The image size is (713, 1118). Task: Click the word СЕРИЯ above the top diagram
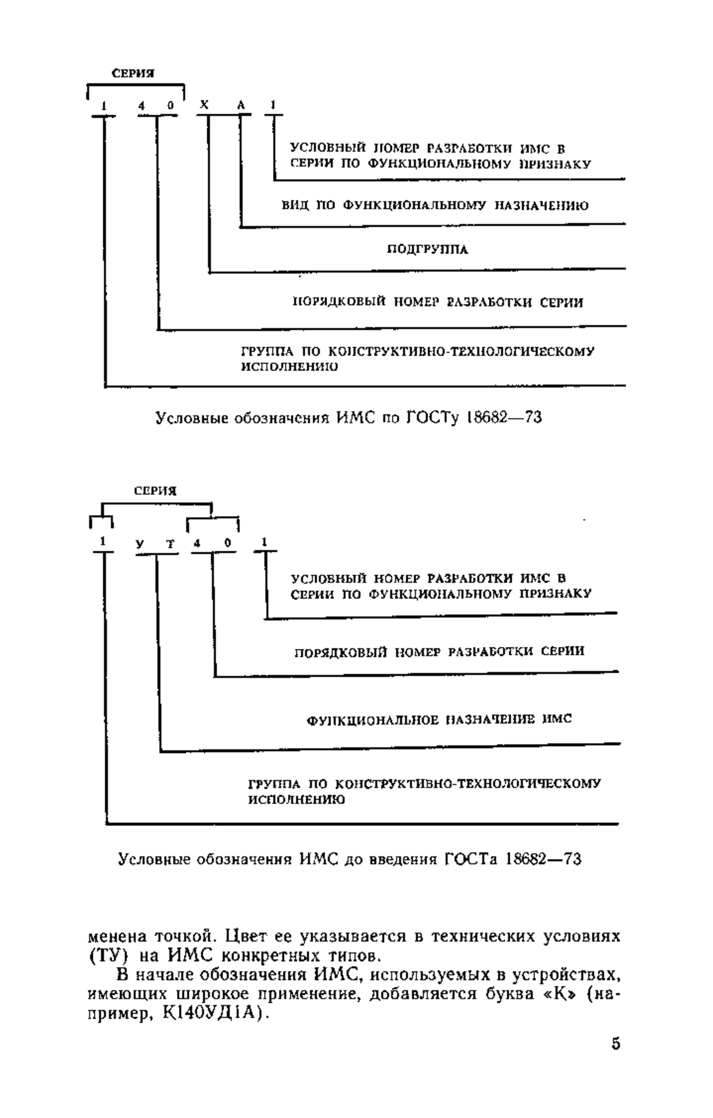point(133,74)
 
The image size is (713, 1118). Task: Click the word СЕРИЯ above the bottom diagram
point(155,491)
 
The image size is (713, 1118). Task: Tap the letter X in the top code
point(204,105)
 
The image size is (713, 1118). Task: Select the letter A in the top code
point(241,105)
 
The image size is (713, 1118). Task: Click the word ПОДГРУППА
point(428,249)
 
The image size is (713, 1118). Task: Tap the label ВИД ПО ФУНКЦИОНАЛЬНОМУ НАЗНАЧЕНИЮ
point(436,206)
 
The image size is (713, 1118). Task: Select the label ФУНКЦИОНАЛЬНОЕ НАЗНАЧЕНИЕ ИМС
point(440,720)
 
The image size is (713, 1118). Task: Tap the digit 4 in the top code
point(141,105)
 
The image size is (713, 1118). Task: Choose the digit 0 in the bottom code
point(228,542)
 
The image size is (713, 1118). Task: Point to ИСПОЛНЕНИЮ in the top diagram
point(289,367)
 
